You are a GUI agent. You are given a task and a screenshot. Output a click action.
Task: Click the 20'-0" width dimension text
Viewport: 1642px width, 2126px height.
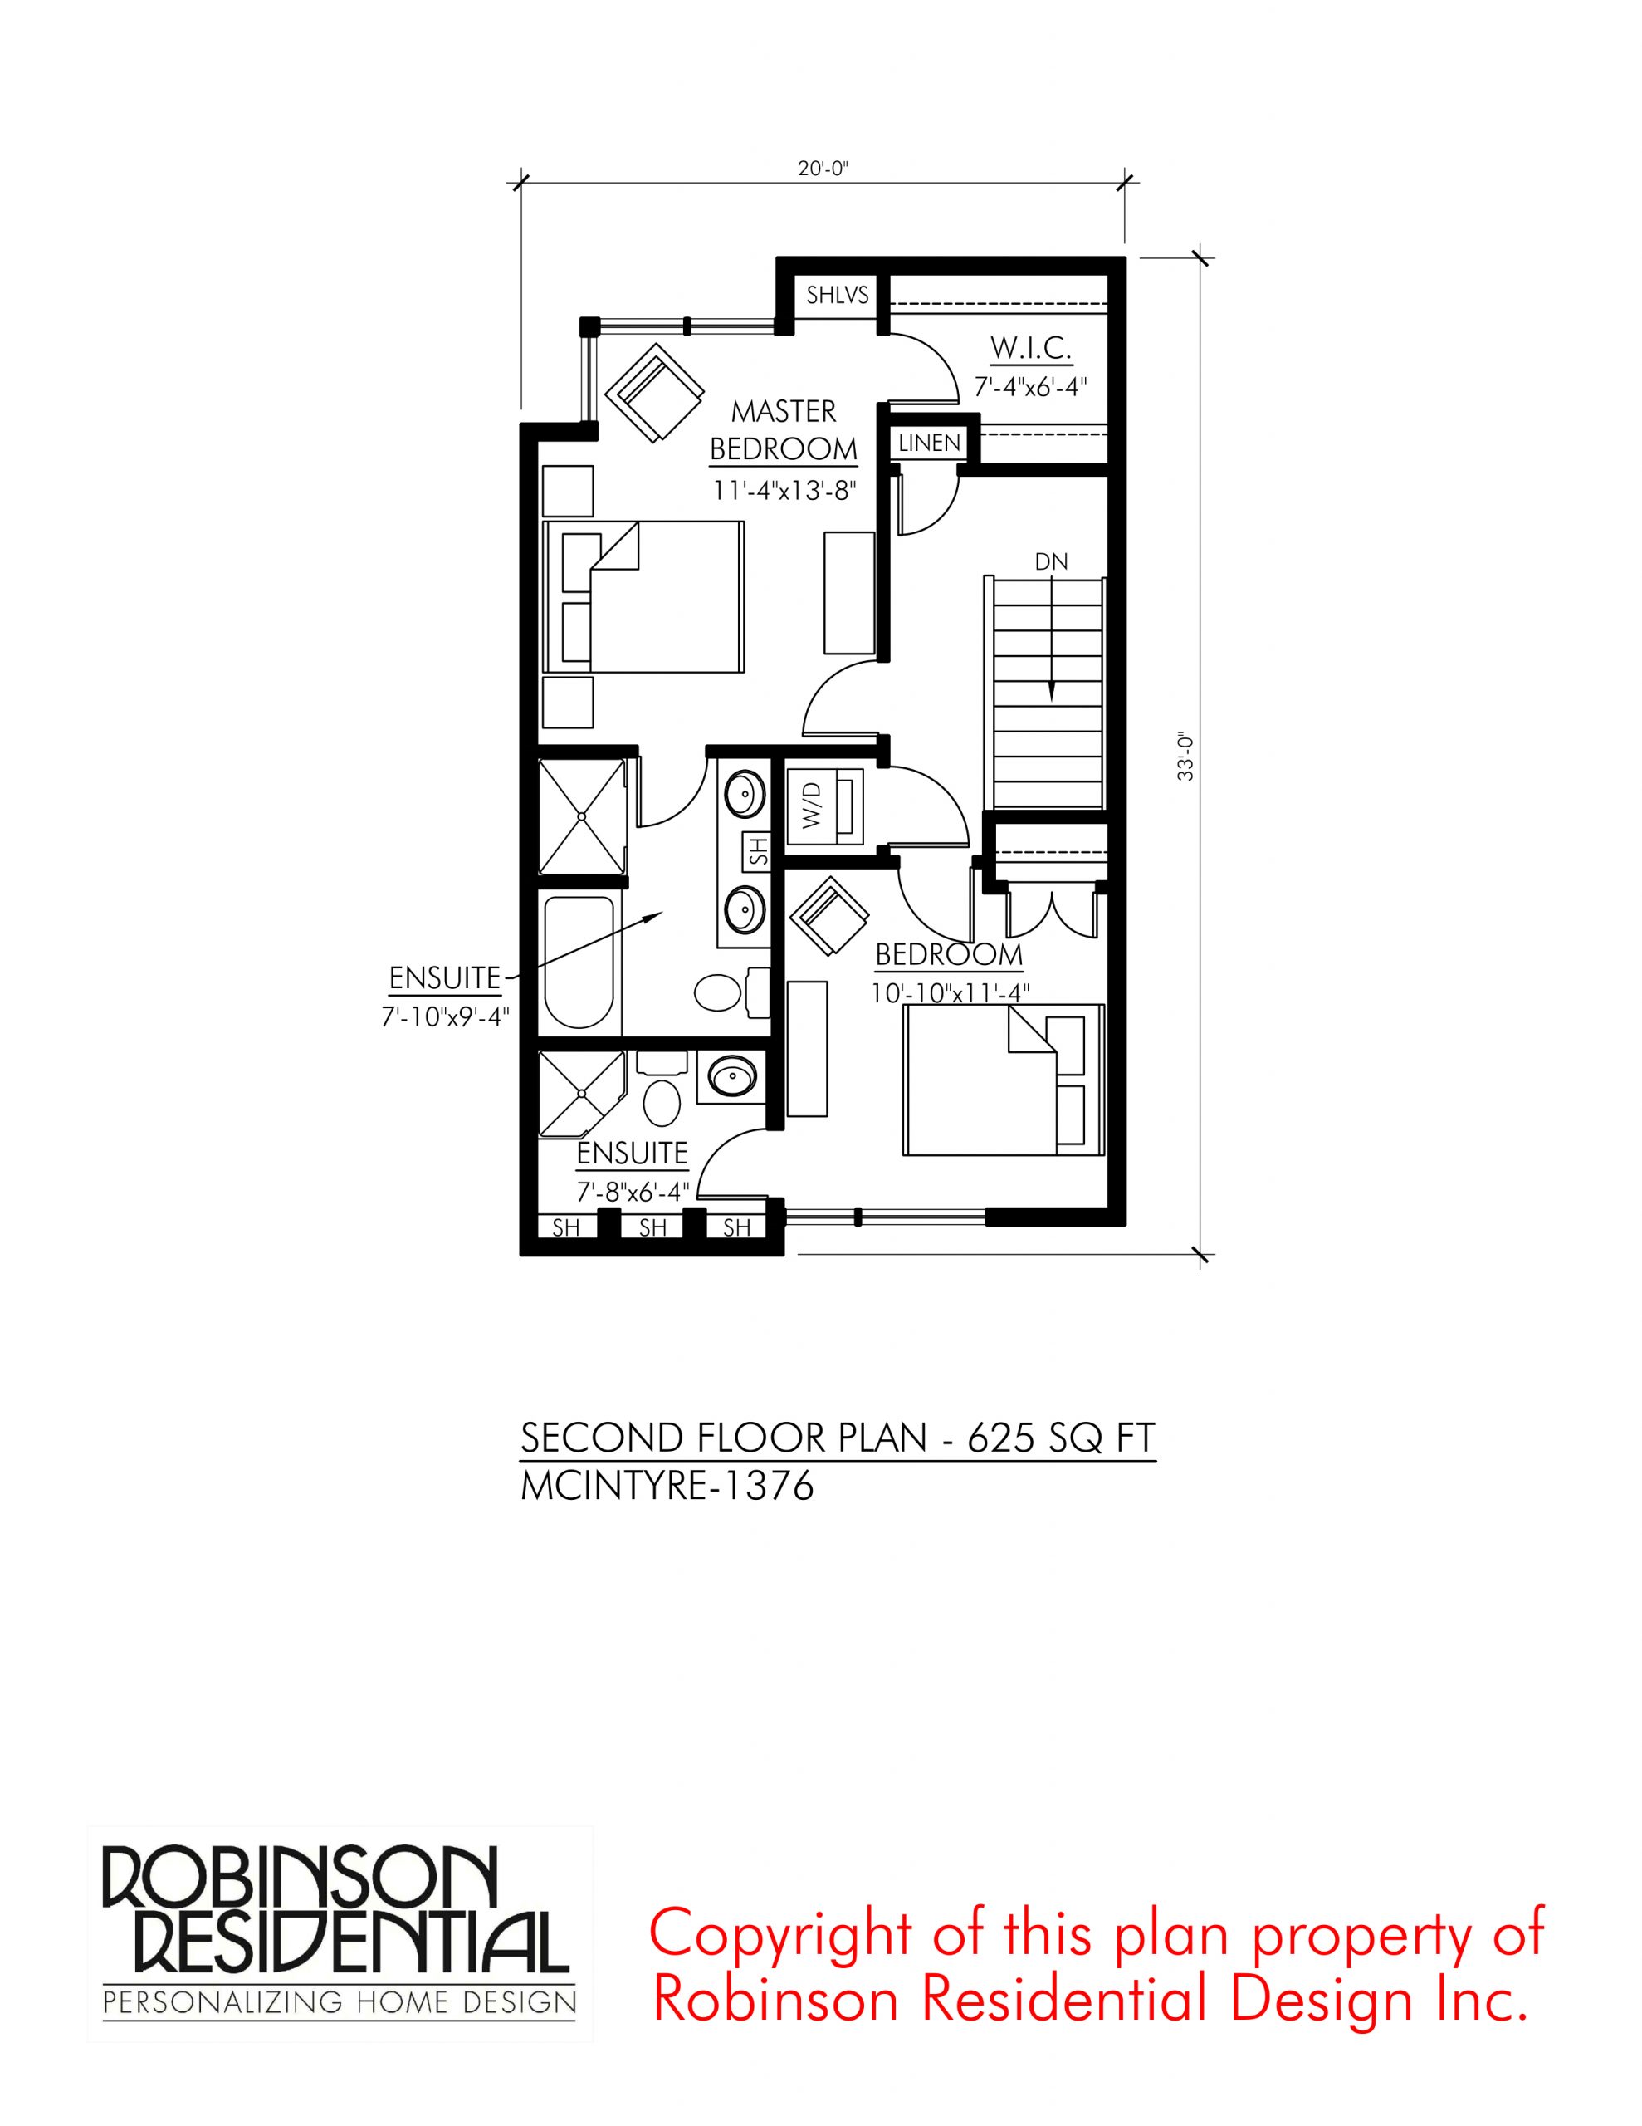click(823, 169)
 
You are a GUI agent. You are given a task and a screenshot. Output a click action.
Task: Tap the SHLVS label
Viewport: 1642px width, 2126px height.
click(837, 294)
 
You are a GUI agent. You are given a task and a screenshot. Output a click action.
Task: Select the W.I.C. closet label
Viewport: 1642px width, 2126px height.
click(1031, 346)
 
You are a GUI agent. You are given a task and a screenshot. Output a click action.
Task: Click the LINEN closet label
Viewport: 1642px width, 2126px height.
click(929, 443)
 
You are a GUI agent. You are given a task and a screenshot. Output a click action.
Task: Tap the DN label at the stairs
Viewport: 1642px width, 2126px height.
click(1051, 561)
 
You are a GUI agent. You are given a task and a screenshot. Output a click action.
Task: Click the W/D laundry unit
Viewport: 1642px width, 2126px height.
click(823, 805)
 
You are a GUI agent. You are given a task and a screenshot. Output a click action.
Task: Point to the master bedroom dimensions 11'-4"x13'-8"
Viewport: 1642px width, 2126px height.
click(784, 490)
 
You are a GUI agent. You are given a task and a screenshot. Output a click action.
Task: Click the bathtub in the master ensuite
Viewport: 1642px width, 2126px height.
click(579, 960)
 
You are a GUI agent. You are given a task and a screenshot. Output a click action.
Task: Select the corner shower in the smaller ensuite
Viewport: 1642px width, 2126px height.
click(581, 1093)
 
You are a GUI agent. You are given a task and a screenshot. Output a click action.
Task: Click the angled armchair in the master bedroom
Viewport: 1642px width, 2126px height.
click(654, 392)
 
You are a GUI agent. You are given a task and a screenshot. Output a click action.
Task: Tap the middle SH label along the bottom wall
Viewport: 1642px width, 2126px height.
click(652, 1228)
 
